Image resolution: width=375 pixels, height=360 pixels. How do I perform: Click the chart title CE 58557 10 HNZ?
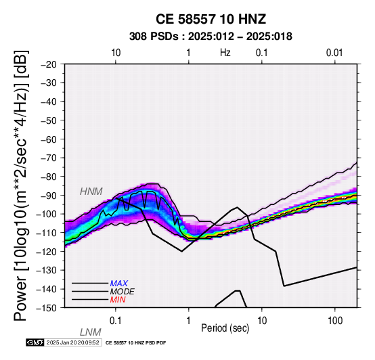[211, 19]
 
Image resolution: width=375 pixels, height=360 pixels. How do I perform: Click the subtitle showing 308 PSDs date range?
[211, 37]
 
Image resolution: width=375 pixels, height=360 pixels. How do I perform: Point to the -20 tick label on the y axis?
[49, 64]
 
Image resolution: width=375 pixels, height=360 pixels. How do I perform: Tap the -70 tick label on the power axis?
[49, 158]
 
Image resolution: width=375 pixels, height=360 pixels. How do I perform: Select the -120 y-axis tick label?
[47, 252]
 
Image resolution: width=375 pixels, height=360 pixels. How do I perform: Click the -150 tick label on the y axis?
[47, 308]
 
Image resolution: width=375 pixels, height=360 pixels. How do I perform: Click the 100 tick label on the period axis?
[335, 321]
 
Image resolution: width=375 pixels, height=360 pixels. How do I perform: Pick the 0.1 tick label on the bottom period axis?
[116, 321]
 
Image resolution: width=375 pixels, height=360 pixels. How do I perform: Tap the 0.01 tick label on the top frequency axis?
[334, 53]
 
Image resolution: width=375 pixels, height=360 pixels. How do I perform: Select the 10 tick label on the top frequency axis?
[116, 53]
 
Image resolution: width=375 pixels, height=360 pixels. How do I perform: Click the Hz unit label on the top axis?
[225, 53]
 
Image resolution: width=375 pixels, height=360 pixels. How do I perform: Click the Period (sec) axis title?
[225, 328]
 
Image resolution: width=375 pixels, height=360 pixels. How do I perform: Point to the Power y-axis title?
[21, 185]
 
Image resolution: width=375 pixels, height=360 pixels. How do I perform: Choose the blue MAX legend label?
[119, 284]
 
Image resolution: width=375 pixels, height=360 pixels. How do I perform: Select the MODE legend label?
[123, 292]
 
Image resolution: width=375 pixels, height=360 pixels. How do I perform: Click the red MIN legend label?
[118, 300]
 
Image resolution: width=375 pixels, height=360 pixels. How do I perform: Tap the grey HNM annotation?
[91, 192]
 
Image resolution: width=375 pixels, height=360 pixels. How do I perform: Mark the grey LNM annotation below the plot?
[91, 332]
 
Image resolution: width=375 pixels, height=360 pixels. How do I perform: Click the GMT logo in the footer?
[35, 343]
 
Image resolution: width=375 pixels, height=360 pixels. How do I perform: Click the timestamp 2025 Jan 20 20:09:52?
[72, 343]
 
